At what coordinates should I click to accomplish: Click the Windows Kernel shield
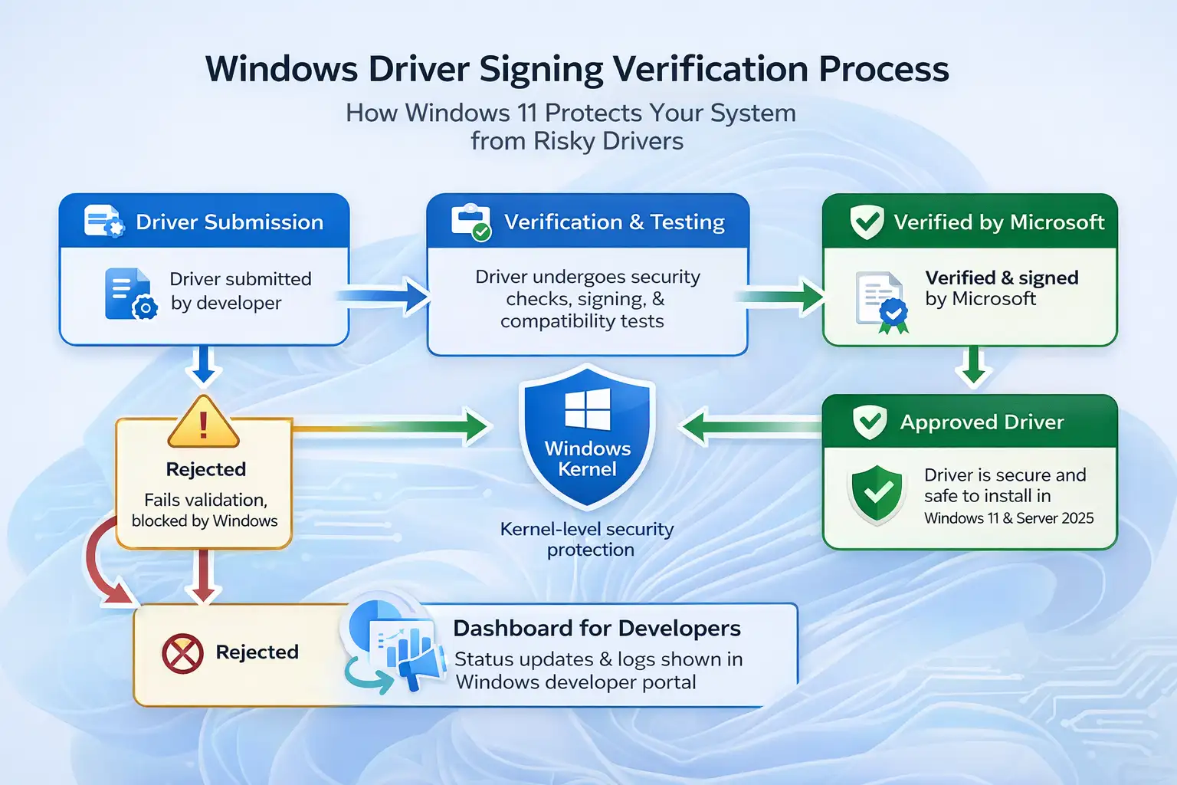(587, 437)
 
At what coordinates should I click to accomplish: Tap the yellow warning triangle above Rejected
(203, 423)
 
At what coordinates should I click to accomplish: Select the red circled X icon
(182, 654)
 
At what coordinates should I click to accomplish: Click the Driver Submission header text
(229, 222)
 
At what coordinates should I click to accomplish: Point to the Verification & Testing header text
(614, 222)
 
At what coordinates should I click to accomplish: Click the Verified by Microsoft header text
(998, 222)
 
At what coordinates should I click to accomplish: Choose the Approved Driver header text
(982, 422)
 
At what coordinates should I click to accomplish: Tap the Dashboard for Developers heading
(596, 629)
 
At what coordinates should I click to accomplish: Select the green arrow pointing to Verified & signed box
(782, 296)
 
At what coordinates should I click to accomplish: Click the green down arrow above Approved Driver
(973, 366)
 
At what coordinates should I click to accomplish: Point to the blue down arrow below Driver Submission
(203, 366)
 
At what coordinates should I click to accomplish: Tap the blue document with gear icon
(130, 294)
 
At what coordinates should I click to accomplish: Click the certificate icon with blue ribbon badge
(881, 302)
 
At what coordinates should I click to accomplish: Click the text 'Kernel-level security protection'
(588, 539)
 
